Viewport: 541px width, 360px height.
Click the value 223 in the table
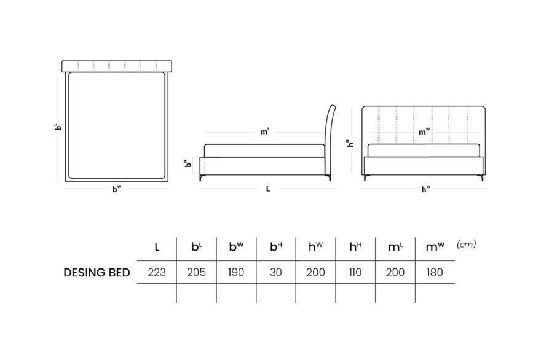click(x=157, y=272)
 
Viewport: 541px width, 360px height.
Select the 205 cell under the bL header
click(x=196, y=272)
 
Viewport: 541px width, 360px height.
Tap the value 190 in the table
click(x=236, y=272)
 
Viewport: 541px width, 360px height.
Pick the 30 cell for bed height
click(x=275, y=272)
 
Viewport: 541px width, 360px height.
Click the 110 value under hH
click(x=355, y=272)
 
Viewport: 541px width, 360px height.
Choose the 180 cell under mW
click(x=435, y=272)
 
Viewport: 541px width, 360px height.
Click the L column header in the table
click(x=157, y=247)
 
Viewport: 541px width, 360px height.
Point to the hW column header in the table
click(x=315, y=246)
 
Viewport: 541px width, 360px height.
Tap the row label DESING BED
click(x=97, y=273)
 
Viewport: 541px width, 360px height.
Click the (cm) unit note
click(x=466, y=244)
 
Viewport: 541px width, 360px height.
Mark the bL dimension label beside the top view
click(x=58, y=126)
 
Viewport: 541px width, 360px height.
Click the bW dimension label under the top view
click(x=117, y=189)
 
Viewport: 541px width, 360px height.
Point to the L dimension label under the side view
click(x=268, y=189)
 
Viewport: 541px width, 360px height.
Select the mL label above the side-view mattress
click(x=264, y=131)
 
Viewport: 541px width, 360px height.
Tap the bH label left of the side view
click(x=188, y=163)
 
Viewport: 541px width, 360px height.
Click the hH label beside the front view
click(x=350, y=143)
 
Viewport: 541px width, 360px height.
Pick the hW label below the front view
click(x=426, y=189)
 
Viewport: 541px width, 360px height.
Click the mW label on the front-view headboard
click(x=424, y=131)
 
